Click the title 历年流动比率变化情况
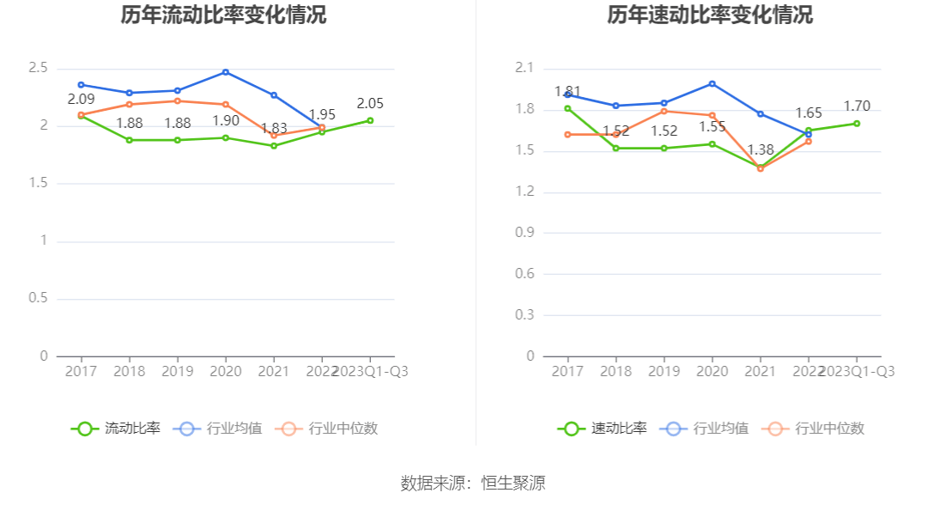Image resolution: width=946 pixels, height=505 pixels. pos(223,15)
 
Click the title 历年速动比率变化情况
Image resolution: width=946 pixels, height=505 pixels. pos(710,15)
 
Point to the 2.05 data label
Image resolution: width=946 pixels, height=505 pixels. pos(370,103)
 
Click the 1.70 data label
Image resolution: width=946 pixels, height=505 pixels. pos(857,106)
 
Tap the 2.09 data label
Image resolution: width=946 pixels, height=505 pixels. pos(81,100)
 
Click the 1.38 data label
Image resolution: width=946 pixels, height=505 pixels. pos(761,149)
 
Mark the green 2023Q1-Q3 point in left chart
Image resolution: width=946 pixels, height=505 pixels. pos(370,120)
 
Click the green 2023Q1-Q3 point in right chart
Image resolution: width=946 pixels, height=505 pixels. pos(857,123)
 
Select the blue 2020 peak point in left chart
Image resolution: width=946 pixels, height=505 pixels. pos(226,71)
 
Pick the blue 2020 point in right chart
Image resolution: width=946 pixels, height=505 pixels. pos(713,83)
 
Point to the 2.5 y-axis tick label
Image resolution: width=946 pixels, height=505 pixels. pos(38,68)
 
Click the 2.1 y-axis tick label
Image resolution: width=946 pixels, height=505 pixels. pos(525,68)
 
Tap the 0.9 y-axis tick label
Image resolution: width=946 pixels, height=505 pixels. pos(525,233)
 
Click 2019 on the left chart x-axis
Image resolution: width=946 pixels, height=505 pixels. pos(178,371)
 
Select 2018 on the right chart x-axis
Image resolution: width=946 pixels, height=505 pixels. pos(616,371)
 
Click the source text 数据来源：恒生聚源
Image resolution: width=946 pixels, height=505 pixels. pos(473,483)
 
